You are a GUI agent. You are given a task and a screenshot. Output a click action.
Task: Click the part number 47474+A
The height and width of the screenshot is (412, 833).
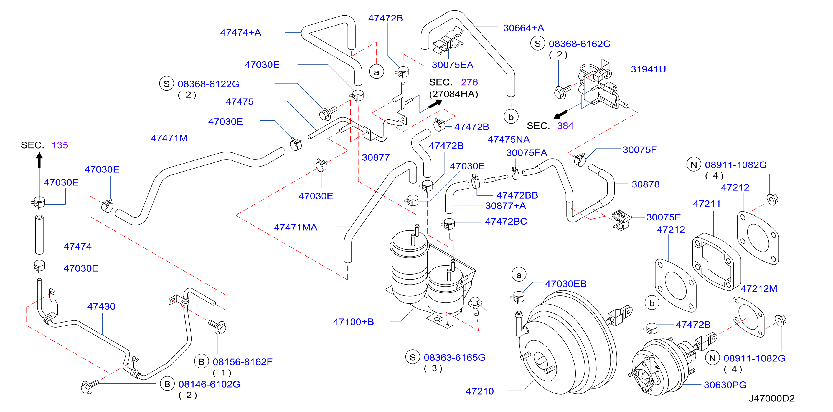click(x=241, y=32)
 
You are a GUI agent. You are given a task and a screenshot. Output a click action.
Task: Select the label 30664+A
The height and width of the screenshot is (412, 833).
click(x=524, y=28)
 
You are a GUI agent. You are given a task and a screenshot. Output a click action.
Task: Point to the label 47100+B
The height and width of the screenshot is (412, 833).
click(x=354, y=322)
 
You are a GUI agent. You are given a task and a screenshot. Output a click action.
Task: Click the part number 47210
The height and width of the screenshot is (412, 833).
click(x=479, y=391)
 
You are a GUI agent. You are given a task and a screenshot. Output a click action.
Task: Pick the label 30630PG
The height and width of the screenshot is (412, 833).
click(x=725, y=385)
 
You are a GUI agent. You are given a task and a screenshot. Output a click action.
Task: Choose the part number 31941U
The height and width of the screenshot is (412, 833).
click(x=648, y=69)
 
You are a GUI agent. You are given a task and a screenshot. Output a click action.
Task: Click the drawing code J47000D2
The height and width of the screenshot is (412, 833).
click(x=771, y=398)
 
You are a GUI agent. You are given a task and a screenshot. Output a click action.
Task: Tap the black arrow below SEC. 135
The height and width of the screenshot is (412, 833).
click(x=39, y=160)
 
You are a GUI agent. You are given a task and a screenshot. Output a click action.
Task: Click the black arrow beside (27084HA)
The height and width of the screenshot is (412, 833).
click(x=435, y=104)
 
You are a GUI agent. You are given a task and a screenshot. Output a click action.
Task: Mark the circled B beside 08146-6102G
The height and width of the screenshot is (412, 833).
click(x=167, y=384)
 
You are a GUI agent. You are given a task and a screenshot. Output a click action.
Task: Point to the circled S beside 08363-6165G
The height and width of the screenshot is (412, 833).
click(x=412, y=357)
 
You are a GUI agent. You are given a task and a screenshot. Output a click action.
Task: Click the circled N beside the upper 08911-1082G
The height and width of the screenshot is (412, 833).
click(x=694, y=165)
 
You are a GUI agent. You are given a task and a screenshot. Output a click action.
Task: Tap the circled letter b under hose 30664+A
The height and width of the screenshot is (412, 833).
click(x=511, y=117)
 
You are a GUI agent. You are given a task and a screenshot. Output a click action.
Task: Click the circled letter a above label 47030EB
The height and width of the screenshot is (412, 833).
click(x=519, y=275)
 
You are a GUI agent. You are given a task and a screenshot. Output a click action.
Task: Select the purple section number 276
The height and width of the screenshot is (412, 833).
click(x=469, y=82)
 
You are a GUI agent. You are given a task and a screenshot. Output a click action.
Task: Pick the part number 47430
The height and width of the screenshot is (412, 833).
click(x=101, y=306)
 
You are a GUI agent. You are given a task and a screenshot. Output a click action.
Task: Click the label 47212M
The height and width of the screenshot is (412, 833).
click(x=759, y=288)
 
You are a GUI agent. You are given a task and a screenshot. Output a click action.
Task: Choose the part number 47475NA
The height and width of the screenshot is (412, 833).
click(x=509, y=139)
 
